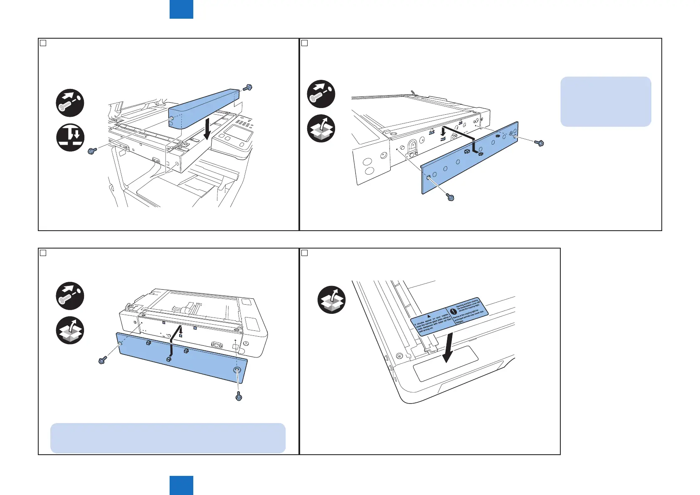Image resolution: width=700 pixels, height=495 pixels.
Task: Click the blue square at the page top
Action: [181, 9]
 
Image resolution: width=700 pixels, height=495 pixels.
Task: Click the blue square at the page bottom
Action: [181, 485]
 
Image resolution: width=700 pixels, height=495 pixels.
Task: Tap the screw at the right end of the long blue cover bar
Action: [248, 88]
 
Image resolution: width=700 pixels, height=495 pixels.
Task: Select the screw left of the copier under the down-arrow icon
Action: [92, 151]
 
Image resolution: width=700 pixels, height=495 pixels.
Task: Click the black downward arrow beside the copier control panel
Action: [207, 129]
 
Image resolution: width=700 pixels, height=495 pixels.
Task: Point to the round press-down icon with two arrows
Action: [70, 137]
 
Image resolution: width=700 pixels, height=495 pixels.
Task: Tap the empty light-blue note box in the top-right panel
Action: [606, 101]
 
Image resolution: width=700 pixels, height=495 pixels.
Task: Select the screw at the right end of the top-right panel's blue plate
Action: [539, 143]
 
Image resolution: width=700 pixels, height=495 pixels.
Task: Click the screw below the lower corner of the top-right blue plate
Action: [450, 197]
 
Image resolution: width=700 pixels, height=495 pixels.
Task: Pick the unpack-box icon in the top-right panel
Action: [321, 128]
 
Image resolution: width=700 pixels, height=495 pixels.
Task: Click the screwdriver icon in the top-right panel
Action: [321, 94]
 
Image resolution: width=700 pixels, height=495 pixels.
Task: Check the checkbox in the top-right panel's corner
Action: [304, 43]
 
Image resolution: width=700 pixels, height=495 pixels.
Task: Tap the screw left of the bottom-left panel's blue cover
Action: [102, 360]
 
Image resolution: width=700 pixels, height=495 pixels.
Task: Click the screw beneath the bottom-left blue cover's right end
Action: [239, 396]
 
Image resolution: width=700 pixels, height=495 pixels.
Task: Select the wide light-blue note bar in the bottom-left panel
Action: [168, 438]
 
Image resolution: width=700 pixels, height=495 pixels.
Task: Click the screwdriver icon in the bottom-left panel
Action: [70, 296]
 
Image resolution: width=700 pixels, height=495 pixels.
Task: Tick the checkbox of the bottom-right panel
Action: [304, 253]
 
